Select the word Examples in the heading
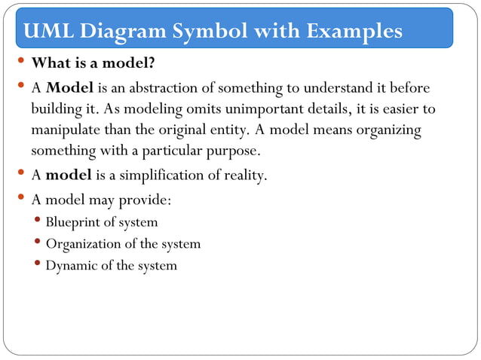pyautogui.click(x=353, y=31)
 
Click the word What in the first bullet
pyautogui.click(x=51, y=63)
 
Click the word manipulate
pyautogui.click(x=65, y=130)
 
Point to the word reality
pyautogui.click(x=244, y=176)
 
